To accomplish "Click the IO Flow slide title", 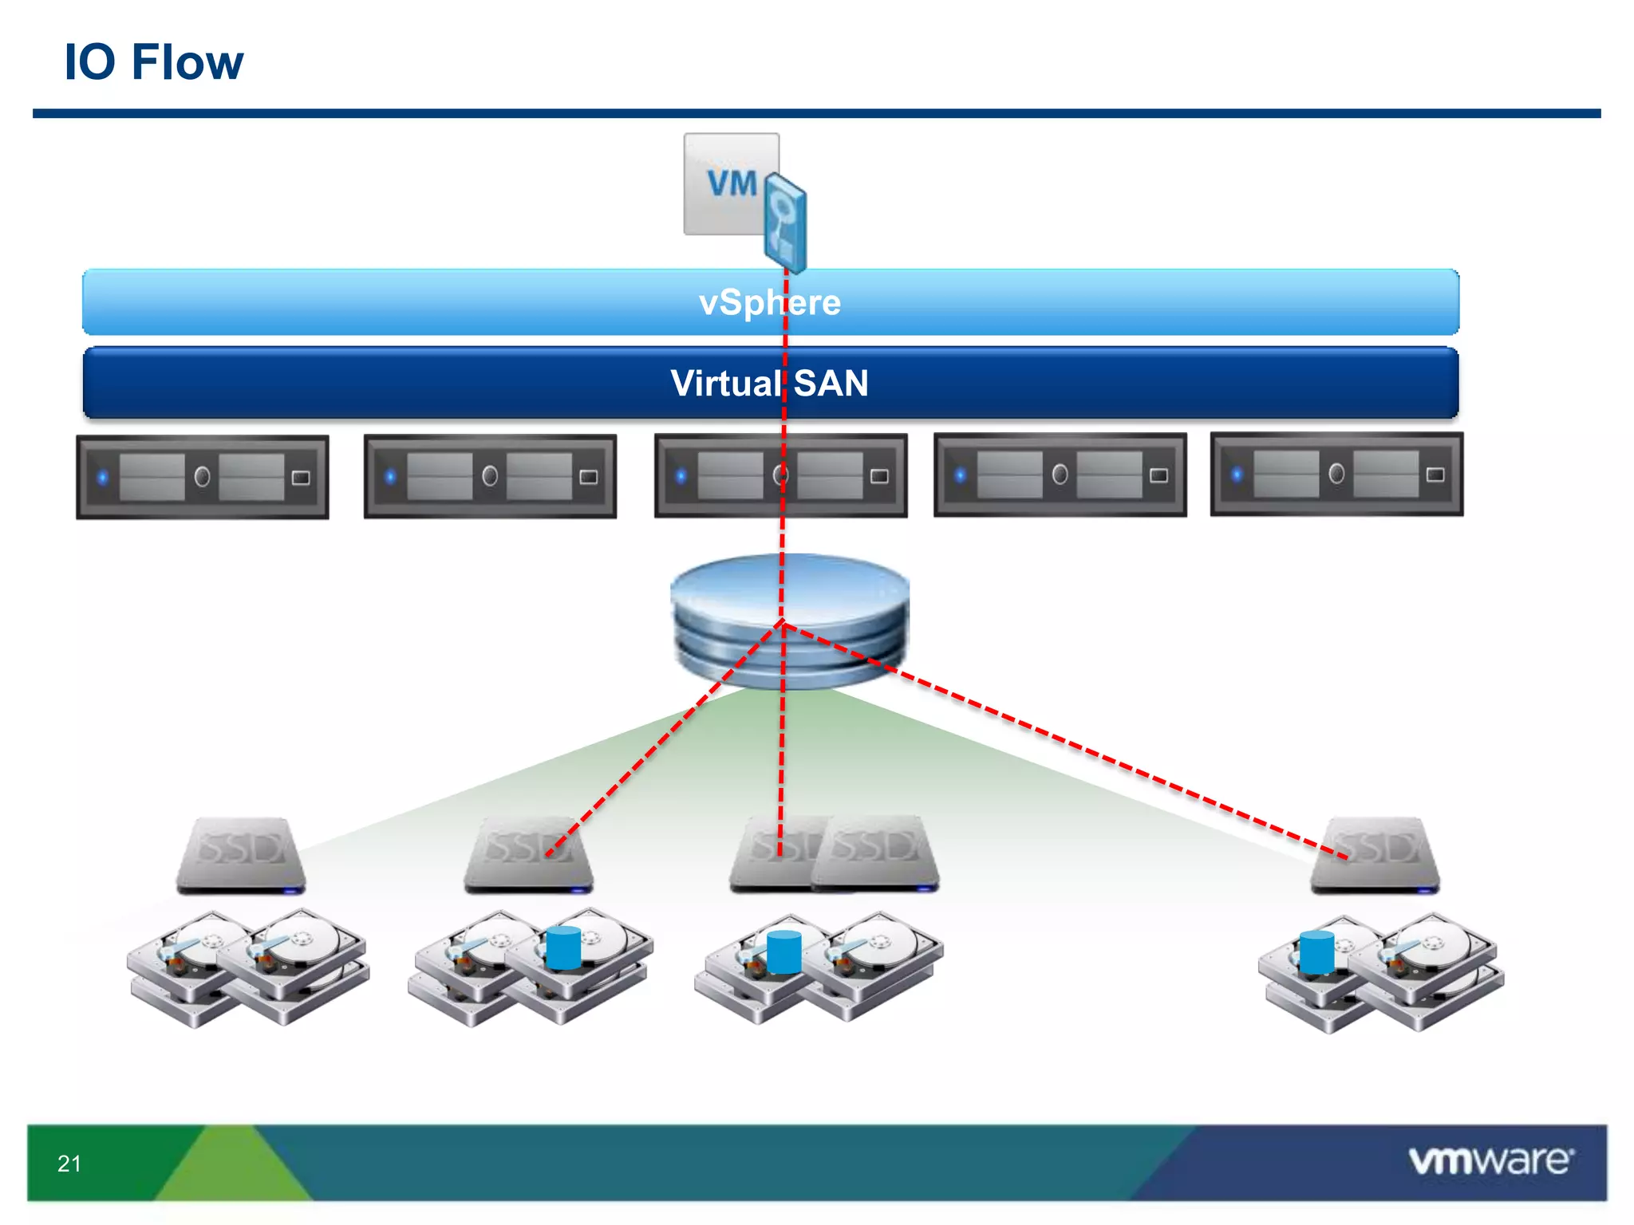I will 153,62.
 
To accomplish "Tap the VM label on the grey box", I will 731,183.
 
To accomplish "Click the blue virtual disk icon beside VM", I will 785,223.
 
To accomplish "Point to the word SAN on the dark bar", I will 831,384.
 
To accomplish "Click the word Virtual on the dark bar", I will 724,384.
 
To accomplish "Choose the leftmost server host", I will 203,477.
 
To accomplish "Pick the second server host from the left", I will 490,476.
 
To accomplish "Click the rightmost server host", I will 1336,475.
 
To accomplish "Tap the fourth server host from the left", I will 1060,475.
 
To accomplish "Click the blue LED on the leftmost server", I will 102,478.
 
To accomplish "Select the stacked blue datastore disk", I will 790,620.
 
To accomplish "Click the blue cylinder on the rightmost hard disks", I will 1316,952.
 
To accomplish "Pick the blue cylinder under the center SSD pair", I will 783,952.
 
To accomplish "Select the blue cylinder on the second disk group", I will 563,947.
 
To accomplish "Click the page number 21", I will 69,1164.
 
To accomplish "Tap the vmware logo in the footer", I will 1490,1160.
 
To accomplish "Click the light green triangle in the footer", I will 231,1168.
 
